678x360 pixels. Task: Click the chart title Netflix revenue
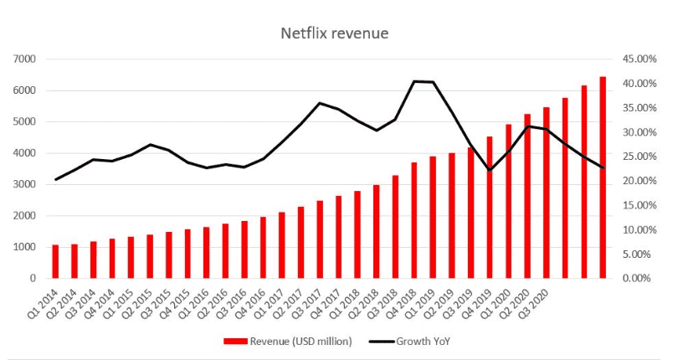pyautogui.click(x=334, y=33)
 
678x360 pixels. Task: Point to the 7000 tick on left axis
pyautogui.click(x=24, y=59)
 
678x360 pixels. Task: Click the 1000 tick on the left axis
pyautogui.click(x=24, y=247)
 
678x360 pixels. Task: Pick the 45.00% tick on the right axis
pyautogui.click(x=638, y=59)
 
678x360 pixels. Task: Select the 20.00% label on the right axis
pyautogui.click(x=638, y=181)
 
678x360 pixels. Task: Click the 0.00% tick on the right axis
pyautogui.click(x=639, y=278)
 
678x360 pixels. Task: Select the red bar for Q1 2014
pyautogui.click(x=56, y=261)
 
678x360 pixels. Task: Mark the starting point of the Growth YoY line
pyautogui.click(x=56, y=179)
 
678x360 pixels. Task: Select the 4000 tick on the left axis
pyautogui.click(x=24, y=153)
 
